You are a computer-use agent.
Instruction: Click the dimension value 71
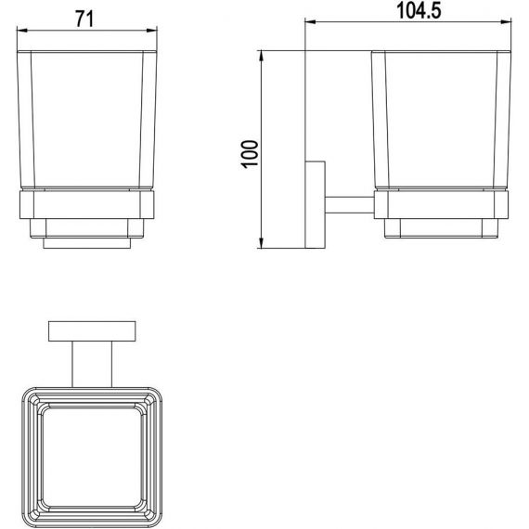pos(84,19)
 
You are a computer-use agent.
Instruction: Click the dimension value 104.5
pos(419,10)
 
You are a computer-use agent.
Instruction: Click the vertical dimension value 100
pos(250,154)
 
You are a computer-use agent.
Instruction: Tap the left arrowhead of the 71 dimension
pos(22,31)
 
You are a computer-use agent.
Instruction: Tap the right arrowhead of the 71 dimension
pos(152,31)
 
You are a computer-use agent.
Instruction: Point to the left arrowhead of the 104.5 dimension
pos(310,22)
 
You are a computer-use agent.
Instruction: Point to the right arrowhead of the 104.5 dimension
pos(506,22)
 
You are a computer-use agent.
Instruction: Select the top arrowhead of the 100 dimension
pos(261,56)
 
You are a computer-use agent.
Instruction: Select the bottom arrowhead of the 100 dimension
pos(261,243)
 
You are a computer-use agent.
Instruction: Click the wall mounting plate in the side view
pos(316,205)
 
